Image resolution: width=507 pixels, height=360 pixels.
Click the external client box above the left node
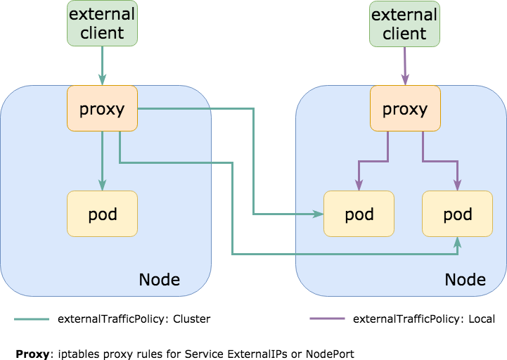102,23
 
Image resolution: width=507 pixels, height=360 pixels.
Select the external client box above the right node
404,24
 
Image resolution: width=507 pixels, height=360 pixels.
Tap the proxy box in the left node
102,108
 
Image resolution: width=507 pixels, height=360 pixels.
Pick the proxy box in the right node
405,108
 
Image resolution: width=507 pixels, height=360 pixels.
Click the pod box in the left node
102,214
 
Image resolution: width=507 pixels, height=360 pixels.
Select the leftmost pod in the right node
359,214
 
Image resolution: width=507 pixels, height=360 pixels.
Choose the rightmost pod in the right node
458,214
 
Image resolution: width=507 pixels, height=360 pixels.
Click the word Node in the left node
160,279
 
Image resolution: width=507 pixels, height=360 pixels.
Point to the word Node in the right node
466,279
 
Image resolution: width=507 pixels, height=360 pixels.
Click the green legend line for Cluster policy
32,319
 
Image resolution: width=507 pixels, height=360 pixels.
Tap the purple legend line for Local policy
327,319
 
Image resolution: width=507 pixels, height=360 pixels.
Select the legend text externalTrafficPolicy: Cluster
134,319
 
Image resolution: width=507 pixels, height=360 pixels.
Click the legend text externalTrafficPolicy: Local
424,319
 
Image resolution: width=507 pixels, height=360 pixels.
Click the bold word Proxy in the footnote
32,354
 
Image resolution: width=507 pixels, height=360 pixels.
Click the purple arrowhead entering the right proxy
405,79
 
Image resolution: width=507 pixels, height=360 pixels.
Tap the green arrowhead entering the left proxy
102,79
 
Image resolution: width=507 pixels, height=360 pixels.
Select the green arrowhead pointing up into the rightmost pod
458,243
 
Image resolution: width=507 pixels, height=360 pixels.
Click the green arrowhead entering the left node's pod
102,185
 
